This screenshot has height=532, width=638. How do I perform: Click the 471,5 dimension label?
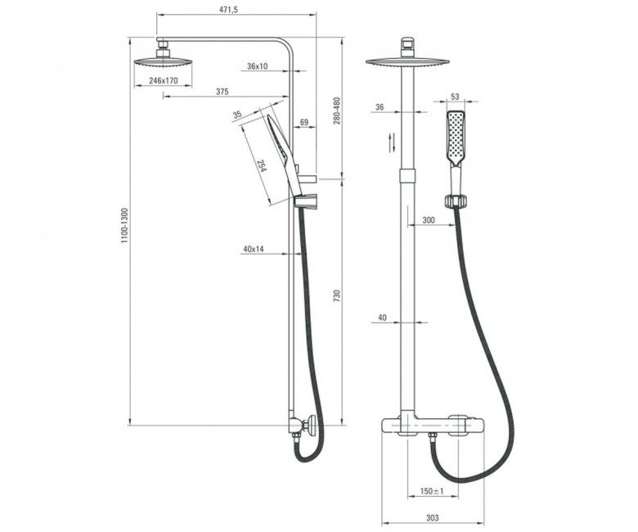pyautogui.click(x=228, y=9)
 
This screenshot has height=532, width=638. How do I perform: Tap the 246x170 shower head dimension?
pyautogui.click(x=163, y=80)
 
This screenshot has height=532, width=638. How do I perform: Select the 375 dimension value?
pyautogui.click(x=222, y=92)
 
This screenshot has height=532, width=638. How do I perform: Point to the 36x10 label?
pyautogui.click(x=258, y=66)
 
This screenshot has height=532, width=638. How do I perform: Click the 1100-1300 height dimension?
pyautogui.click(x=124, y=227)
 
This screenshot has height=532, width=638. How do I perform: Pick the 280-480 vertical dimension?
pyautogui.click(x=337, y=110)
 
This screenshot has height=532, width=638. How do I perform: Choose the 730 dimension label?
pyautogui.click(x=336, y=296)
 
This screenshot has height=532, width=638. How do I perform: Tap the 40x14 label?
pyautogui.click(x=253, y=249)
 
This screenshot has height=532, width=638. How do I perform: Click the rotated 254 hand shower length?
pyautogui.click(x=262, y=165)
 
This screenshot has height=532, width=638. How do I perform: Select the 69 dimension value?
pyautogui.click(x=304, y=122)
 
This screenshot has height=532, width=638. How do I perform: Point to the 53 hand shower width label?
pyautogui.click(x=455, y=97)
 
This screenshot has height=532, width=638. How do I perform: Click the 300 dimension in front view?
pyautogui.click(x=429, y=220)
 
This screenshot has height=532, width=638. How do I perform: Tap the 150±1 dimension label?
pyautogui.click(x=432, y=491)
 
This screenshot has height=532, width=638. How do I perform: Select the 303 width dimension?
pyautogui.click(x=433, y=518)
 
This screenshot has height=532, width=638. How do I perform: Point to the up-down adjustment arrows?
pyautogui.click(x=392, y=143)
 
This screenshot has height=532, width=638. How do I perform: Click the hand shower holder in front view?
pyautogui.click(x=456, y=202)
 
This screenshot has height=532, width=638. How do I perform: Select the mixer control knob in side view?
pyautogui.click(x=312, y=426)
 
